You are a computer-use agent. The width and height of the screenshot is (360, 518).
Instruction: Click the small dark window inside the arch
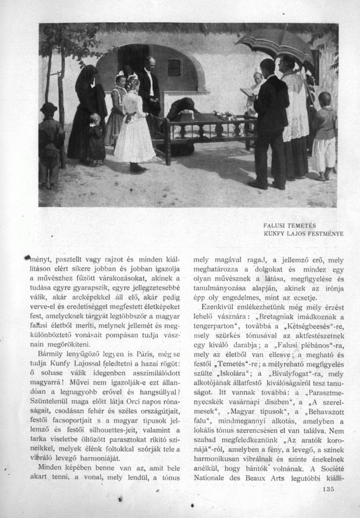tap(174, 67)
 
